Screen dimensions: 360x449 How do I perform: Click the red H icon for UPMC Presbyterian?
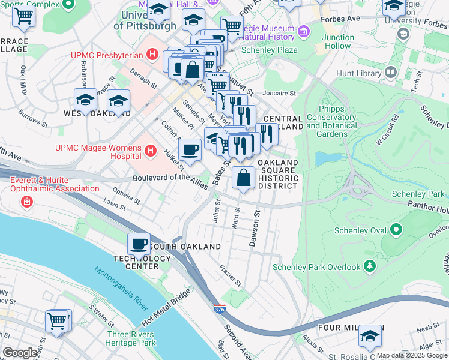[152, 55]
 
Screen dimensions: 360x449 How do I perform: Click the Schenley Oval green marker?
[396, 229]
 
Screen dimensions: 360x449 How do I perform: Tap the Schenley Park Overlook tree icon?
[370, 265]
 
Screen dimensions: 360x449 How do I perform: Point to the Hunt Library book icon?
[391, 73]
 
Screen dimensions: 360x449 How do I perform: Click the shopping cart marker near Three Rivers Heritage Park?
[57, 321]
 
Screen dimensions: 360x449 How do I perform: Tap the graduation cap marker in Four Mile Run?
[370, 337]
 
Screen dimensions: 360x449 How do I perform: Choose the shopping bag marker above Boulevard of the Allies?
[243, 179]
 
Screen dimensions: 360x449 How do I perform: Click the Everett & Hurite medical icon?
[26, 201]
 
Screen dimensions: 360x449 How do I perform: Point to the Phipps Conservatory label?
[331, 126]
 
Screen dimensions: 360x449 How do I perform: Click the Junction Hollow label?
[337, 41]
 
